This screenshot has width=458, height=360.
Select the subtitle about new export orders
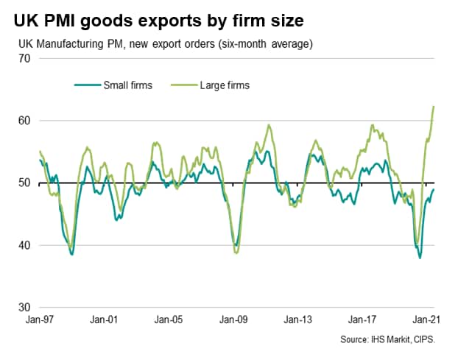coord(166,43)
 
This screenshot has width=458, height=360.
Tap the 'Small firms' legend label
coord(127,85)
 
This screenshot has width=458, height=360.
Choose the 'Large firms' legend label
coord(225,85)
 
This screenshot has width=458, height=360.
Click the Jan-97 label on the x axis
coord(39,321)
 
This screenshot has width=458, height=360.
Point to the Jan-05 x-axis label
coord(169,321)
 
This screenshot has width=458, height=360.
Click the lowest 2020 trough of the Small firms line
coord(420,258)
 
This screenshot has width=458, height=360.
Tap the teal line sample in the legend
coord(87,85)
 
